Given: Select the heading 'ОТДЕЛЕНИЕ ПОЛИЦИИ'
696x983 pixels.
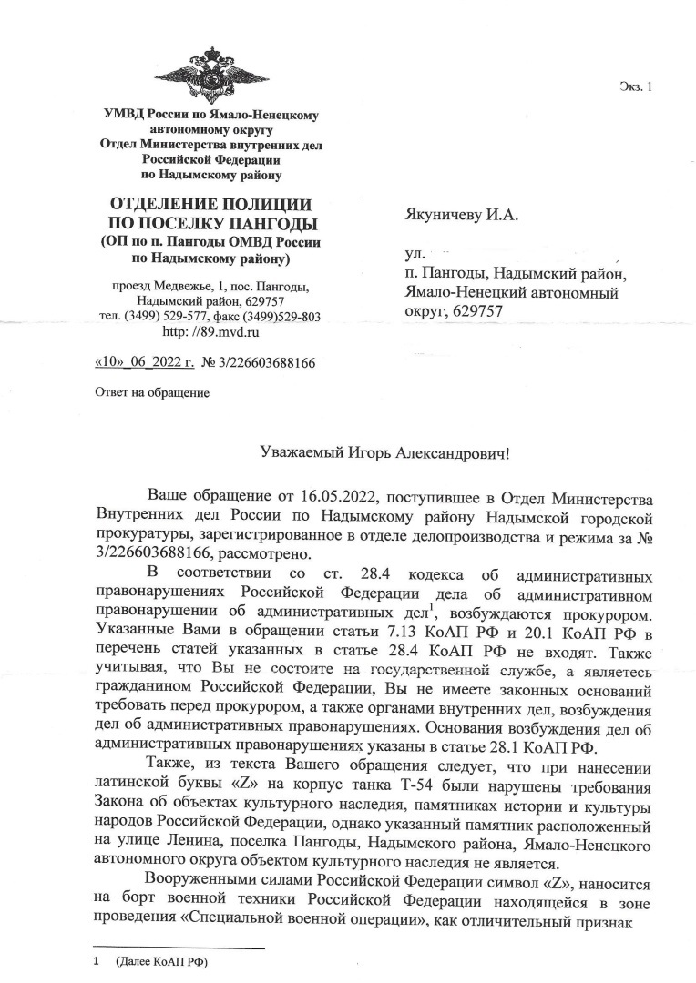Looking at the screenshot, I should pyautogui.click(x=210, y=204).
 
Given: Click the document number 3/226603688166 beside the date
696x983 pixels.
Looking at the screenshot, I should pyautogui.click(x=271, y=363).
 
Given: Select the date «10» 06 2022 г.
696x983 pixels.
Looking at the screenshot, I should pyautogui.click(x=145, y=363).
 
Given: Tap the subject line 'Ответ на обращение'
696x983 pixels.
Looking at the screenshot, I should pyautogui.click(x=152, y=393).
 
